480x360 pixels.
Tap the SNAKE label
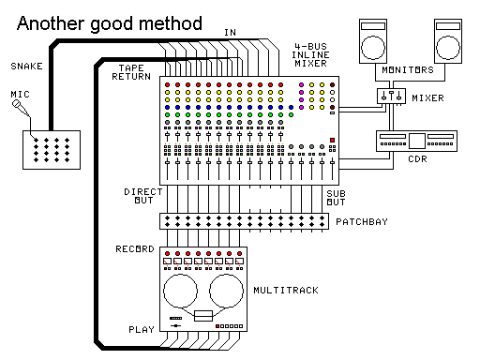[25, 66]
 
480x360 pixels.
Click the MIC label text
[20, 95]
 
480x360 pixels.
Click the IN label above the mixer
[230, 32]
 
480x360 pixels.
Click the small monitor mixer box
[390, 97]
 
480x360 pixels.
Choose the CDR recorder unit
[414, 141]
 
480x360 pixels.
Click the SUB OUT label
[337, 196]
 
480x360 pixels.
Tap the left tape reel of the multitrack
[183, 291]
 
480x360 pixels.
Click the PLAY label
[141, 329]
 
